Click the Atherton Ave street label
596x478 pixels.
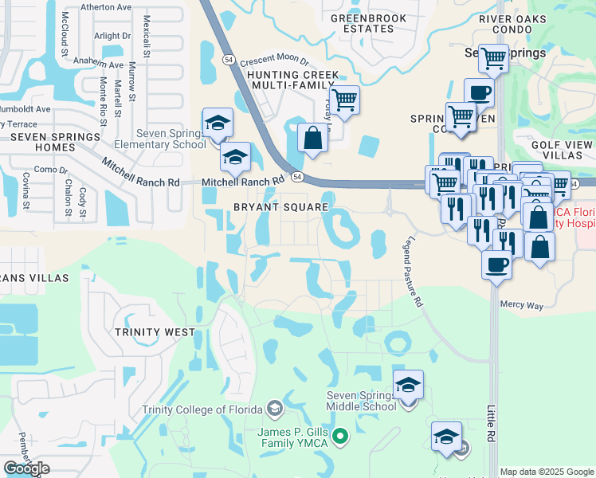coord(103,7)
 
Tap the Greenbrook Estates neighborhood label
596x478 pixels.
coord(362,23)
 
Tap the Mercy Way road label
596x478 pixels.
coord(521,304)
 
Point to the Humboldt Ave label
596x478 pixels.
coord(25,109)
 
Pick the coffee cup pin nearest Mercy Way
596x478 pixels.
coord(496,263)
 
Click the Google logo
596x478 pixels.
coord(26,468)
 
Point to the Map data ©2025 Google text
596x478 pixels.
coord(546,472)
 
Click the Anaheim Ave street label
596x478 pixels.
coord(99,64)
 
